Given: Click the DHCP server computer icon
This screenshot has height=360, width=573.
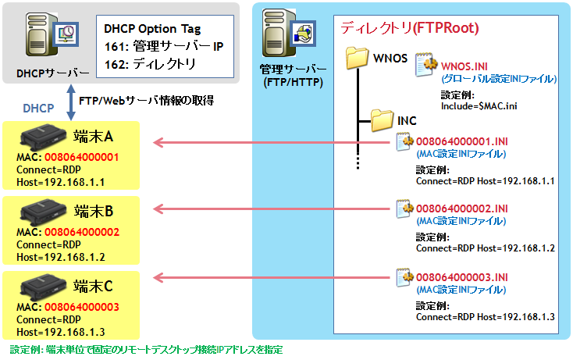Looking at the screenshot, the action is point(52,34).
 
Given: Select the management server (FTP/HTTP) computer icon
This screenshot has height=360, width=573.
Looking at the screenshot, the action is point(289,33).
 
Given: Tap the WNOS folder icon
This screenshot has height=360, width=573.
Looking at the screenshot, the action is point(357,58).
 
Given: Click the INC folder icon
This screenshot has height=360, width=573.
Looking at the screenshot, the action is point(382,120).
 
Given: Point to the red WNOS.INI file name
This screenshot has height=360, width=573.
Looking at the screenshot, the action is point(464,66).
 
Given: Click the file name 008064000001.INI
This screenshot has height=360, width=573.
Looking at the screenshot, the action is point(462,141).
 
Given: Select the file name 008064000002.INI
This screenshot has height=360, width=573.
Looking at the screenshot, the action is point(462,209).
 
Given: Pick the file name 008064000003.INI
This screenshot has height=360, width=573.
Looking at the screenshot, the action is point(462,277).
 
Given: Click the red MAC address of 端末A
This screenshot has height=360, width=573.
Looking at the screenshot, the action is point(81,157).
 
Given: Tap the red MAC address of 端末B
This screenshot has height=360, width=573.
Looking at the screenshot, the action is point(82,232).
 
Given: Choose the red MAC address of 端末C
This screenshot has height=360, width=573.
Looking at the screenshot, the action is point(82,307).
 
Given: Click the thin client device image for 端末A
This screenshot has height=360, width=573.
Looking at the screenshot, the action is point(44,137).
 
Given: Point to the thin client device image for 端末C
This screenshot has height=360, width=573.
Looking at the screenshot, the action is point(44,287).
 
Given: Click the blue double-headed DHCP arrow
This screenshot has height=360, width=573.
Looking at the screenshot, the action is point(71,102).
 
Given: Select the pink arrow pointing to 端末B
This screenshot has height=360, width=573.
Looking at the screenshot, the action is point(272,209).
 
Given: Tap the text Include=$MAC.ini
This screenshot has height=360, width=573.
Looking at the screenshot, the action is point(479,106).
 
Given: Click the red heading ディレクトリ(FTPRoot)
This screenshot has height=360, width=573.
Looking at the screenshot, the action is point(410,28).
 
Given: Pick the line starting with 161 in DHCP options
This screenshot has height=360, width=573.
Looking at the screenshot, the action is point(164,46).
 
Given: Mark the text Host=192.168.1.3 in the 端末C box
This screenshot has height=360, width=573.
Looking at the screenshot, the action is point(61,332).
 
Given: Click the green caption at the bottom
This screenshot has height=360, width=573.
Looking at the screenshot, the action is point(146,350).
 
